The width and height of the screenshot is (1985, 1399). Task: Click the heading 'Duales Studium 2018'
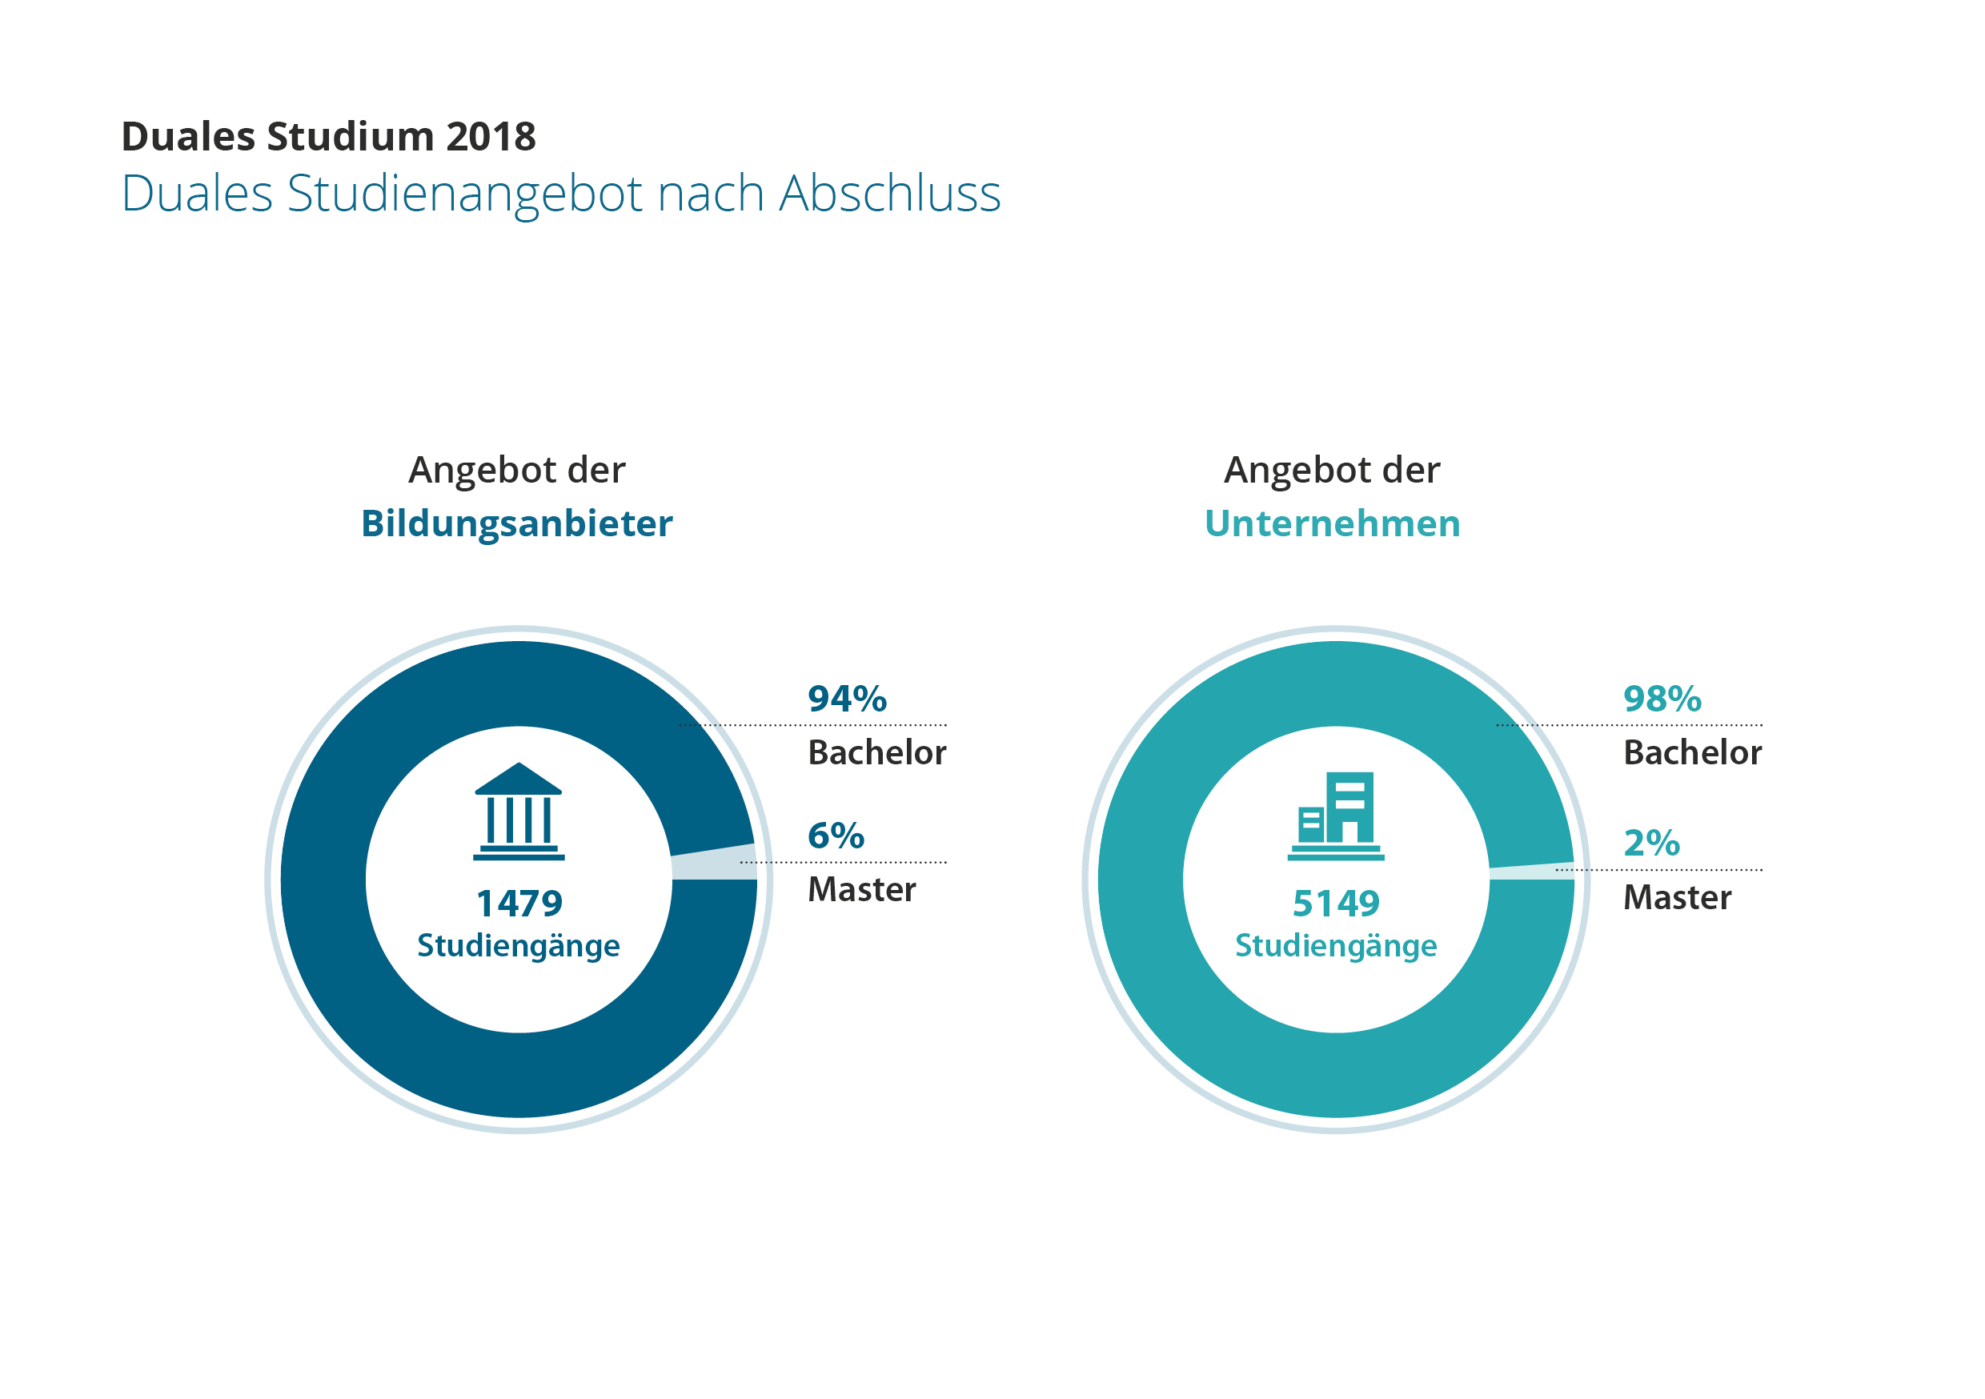(x=328, y=137)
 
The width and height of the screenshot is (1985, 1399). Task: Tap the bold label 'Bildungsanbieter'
(x=516, y=524)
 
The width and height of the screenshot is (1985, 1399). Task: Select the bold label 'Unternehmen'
(x=1332, y=524)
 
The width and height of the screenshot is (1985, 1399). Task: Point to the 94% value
(x=846, y=699)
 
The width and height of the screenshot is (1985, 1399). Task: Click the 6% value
(x=835, y=836)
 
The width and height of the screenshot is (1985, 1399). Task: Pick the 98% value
(x=1662, y=699)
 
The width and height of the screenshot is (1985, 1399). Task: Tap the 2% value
(x=1651, y=843)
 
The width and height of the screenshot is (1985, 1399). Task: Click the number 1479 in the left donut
(x=519, y=904)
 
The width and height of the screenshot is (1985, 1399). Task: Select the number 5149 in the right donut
(x=1336, y=904)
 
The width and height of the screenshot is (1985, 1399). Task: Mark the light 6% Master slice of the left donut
(x=714, y=863)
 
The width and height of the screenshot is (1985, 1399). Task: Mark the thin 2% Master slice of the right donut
(x=1531, y=872)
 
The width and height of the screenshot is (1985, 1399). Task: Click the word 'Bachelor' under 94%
(x=876, y=753)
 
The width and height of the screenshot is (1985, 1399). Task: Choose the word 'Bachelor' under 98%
(x=1692, y=753)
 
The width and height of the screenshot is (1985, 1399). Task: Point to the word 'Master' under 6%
(x=861, y=890)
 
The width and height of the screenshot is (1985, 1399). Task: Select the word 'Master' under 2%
(x=1676, y=897)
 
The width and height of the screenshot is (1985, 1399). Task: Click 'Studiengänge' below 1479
(x=519, y=946)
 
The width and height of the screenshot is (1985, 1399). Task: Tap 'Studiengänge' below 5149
(x=1336, y=946)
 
